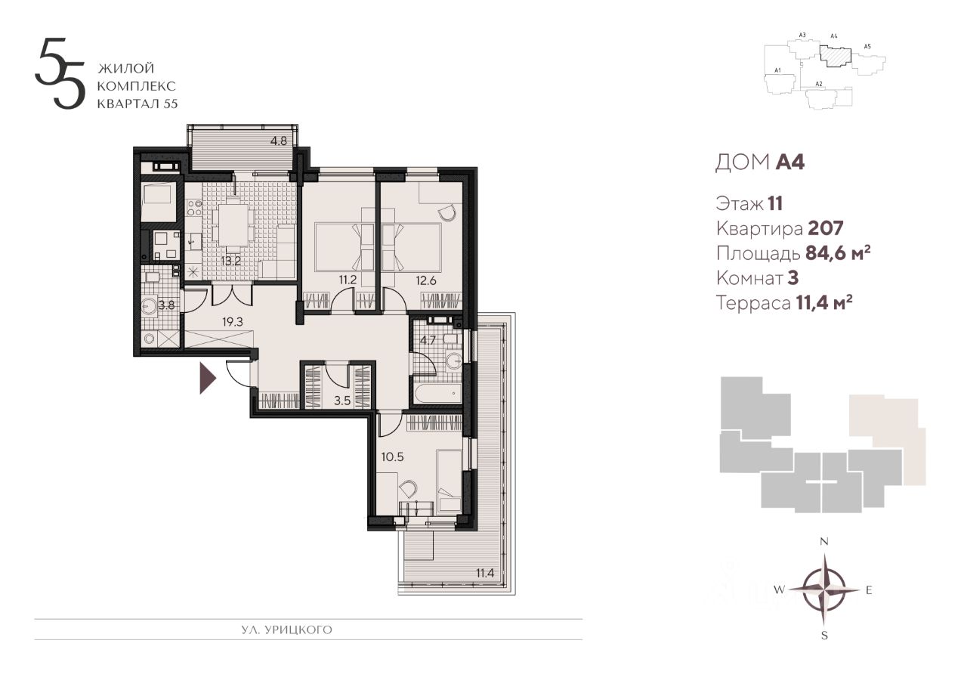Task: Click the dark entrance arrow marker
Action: click(206, 378)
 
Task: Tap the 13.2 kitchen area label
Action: click(230, 261)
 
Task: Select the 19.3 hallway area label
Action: click(233, 321)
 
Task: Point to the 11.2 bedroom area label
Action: click(348, 280)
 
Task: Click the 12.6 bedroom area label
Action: click(426, 280)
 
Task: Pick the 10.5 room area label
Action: click(392, 456)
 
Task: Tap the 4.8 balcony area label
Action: click(279, 141)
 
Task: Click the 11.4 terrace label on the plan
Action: click(485, 573)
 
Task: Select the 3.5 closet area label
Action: click(342, 401)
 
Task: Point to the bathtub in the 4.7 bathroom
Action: click(437, 393)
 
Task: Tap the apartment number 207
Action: click(826, 228)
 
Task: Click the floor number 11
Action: click(775, 203)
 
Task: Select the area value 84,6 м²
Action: click(838, 253)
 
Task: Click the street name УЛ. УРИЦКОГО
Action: click(286, 630)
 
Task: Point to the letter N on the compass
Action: click(824, 541)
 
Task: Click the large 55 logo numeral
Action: click(59, 73)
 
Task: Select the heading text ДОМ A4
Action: click(760, 162)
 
